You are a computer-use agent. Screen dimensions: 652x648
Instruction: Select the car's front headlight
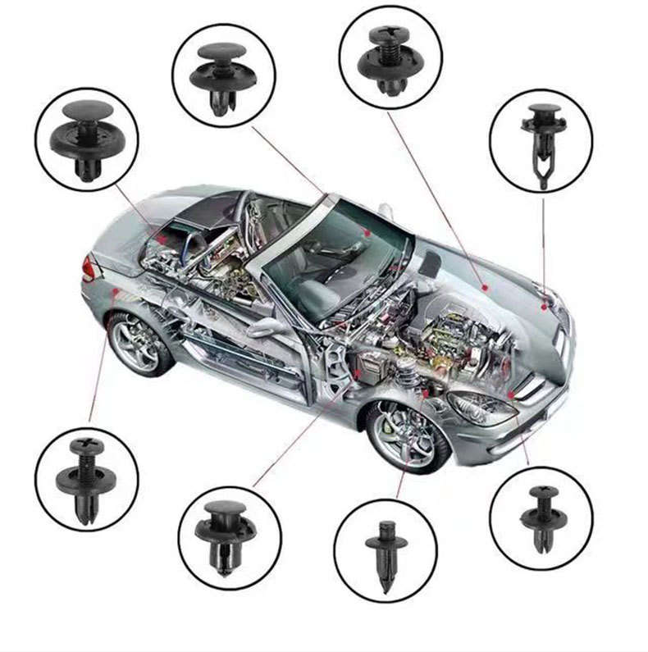tap(481, 408)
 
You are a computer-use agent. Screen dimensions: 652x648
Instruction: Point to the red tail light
tap(88, 267)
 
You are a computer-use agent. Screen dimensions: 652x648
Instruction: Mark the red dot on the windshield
tap(368, 233)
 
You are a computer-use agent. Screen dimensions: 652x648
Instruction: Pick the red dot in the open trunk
tap(163, 239)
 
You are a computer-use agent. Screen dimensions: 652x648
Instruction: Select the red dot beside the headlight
tap(511, 394)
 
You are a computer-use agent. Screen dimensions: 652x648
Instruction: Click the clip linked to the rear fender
tap(86, 479)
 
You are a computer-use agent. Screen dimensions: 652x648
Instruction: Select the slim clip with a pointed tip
tap(386, 549)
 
